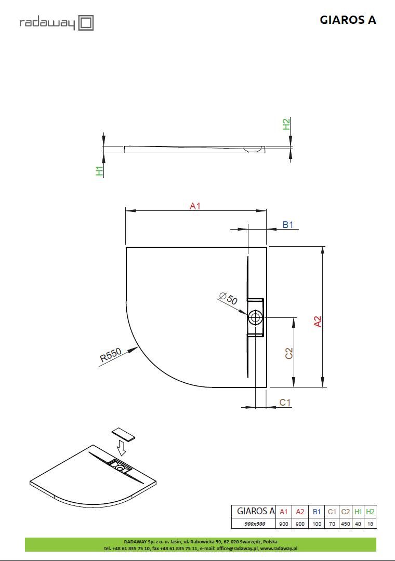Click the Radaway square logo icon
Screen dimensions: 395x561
coord(86,23)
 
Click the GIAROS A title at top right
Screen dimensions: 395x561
coord(348,20)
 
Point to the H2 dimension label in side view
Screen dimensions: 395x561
coord(286,124)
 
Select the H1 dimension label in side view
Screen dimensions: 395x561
coord(100,171)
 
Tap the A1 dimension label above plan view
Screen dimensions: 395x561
coord(195,206)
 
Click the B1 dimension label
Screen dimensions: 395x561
coord(288,225)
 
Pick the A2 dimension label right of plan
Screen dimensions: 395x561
coord(318,322)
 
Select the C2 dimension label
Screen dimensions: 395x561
coord(288,353)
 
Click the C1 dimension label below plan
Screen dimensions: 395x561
coord(285,403)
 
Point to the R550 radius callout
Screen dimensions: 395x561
coord(111,355)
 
